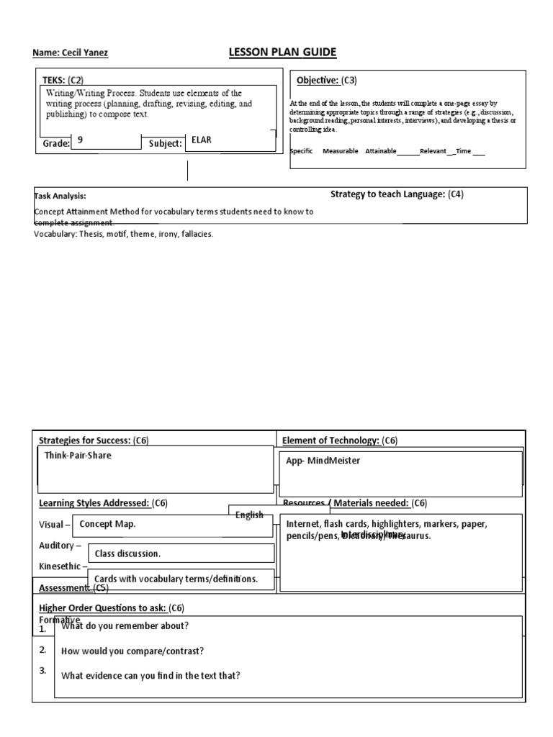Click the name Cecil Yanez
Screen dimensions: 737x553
71,53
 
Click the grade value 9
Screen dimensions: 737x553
81,141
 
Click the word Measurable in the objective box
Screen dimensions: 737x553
340,151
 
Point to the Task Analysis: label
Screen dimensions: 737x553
61,195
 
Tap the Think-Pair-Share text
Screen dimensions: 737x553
78,456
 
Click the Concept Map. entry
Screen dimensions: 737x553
107,524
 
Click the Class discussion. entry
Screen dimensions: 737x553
127,553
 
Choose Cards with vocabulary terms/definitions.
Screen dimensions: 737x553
176,579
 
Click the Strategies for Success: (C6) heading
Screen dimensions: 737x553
94,440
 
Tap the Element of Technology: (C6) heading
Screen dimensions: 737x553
339,440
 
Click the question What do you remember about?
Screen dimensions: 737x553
125,625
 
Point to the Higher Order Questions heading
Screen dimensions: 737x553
112,607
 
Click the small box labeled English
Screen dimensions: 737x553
250,515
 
